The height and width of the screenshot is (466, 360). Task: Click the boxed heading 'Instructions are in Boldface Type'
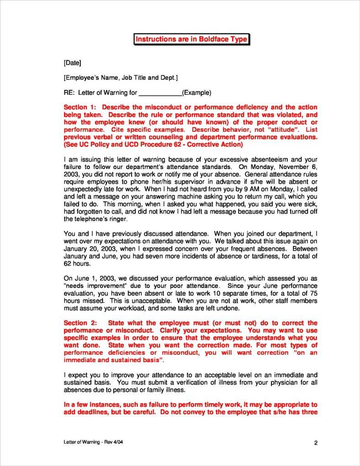click(x=191, y=39)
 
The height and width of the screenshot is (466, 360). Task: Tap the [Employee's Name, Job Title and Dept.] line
click(x=121, y=78)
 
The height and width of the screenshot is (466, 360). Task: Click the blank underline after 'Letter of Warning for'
click(x=160, y=93)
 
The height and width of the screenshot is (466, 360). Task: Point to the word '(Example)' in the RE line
click(x=196, y=93)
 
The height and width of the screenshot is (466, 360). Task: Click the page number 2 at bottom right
click(x=315, y=443)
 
